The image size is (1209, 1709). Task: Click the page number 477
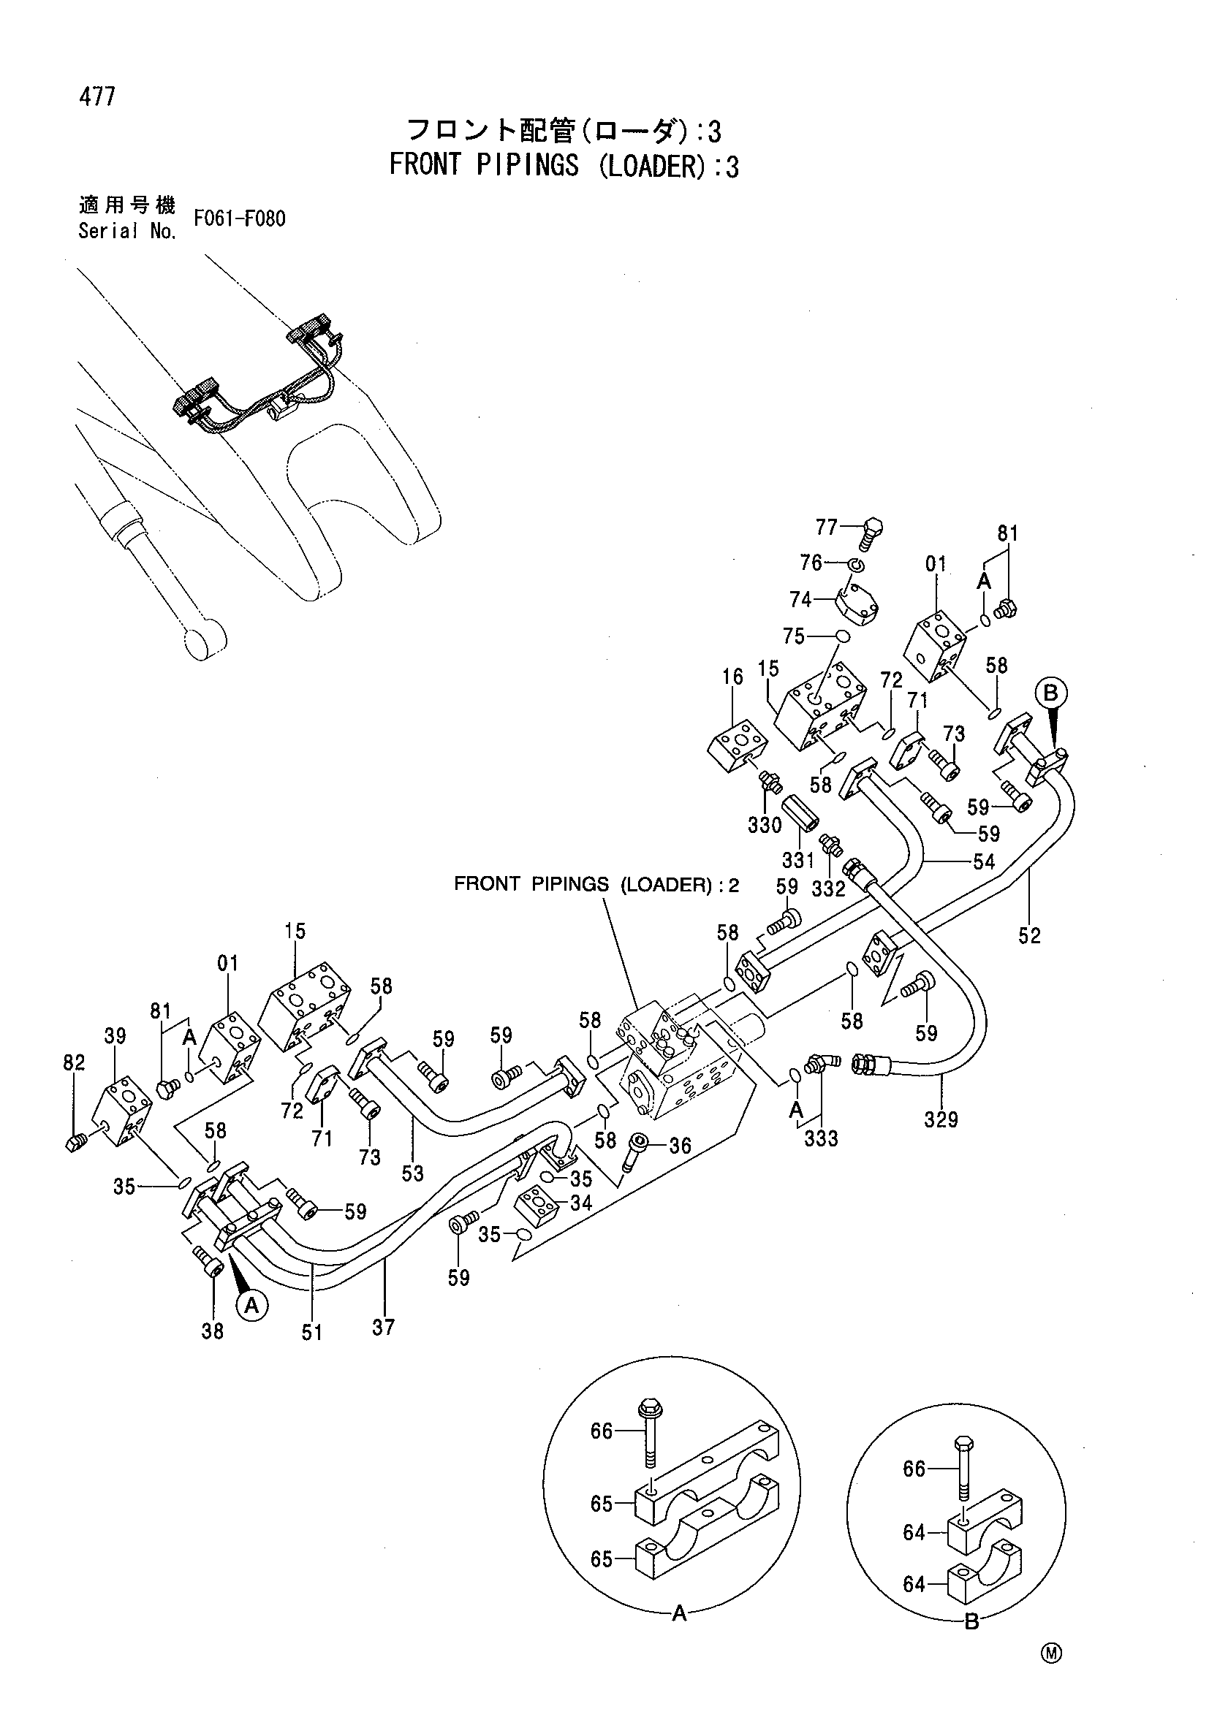(96, 96)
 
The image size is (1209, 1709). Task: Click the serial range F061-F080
(239, 219)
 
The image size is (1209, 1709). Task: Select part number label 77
(827, 528)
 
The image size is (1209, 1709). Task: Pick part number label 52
(1030, 936)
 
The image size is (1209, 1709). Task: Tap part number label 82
(75, 1062)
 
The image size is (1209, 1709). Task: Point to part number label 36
(681, 1146)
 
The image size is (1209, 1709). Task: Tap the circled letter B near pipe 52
(1050, 693)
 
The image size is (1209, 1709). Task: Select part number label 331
(798, 861)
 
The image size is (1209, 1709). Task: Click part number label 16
(732, 677)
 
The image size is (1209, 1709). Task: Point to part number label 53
(412, 1173)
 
